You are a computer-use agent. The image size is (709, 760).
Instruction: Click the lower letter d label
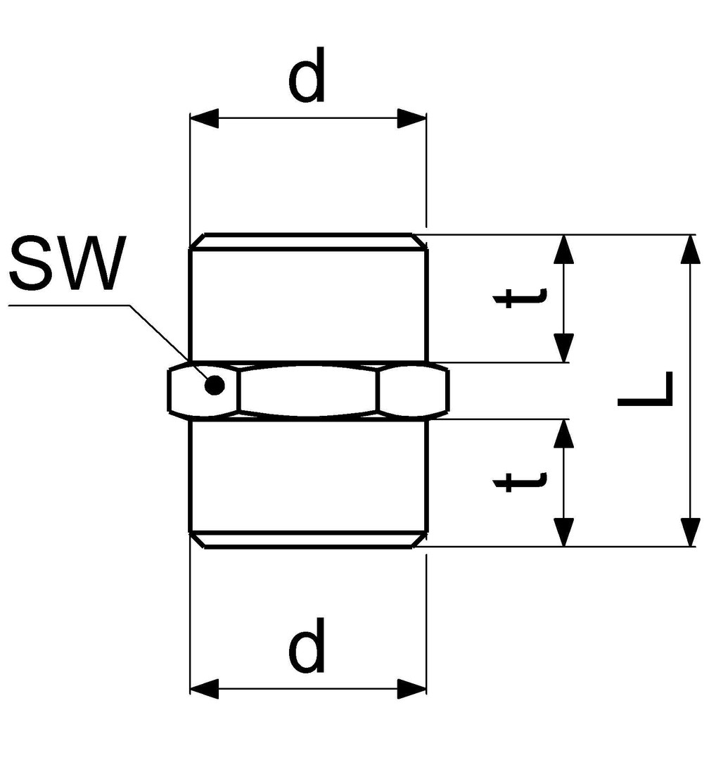[307, 645]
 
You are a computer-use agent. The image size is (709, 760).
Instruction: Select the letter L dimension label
[646, 389]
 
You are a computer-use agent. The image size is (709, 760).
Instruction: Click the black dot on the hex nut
[215, 385]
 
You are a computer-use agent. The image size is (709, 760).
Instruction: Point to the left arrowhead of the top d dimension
[205, 119]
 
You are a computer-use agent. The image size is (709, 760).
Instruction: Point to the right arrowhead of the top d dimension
[411, 119]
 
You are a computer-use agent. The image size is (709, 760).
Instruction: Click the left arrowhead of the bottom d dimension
[205, 689]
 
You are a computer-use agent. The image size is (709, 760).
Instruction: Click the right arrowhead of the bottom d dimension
[411, 689]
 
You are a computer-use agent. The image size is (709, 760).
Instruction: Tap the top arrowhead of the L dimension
[691, 250]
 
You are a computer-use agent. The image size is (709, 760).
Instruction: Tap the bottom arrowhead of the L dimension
[691, 531]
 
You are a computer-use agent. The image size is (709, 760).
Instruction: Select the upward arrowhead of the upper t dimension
[564, 250]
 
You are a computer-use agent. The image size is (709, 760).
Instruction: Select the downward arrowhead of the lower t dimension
[564, 531]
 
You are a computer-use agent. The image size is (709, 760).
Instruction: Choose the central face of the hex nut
[309, 390]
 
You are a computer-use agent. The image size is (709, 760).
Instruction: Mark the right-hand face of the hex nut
[412, 390]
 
